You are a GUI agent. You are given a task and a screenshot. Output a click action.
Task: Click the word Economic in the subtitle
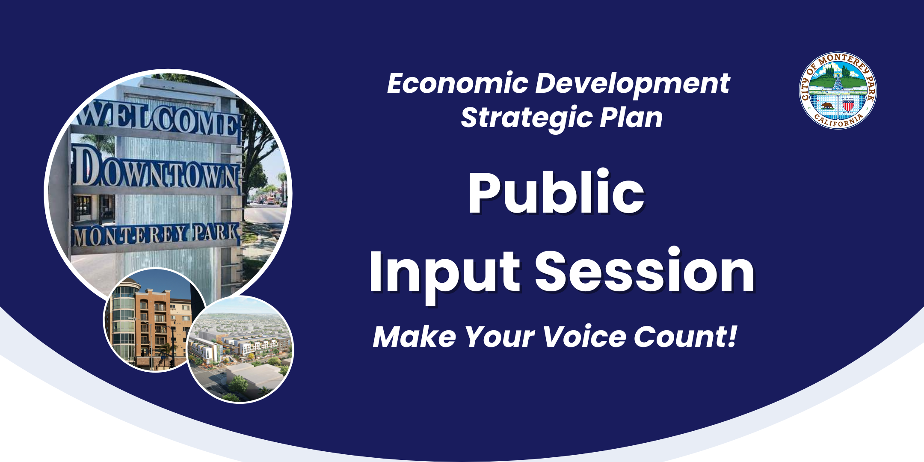tap(457, 83)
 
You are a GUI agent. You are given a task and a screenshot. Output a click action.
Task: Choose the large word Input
tap(444, 272)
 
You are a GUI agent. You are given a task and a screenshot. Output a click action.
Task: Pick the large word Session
tap(645, 272)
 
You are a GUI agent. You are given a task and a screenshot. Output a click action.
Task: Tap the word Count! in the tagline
tap(686, 337)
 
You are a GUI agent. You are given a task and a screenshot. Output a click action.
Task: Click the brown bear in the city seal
tap(827, 105)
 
